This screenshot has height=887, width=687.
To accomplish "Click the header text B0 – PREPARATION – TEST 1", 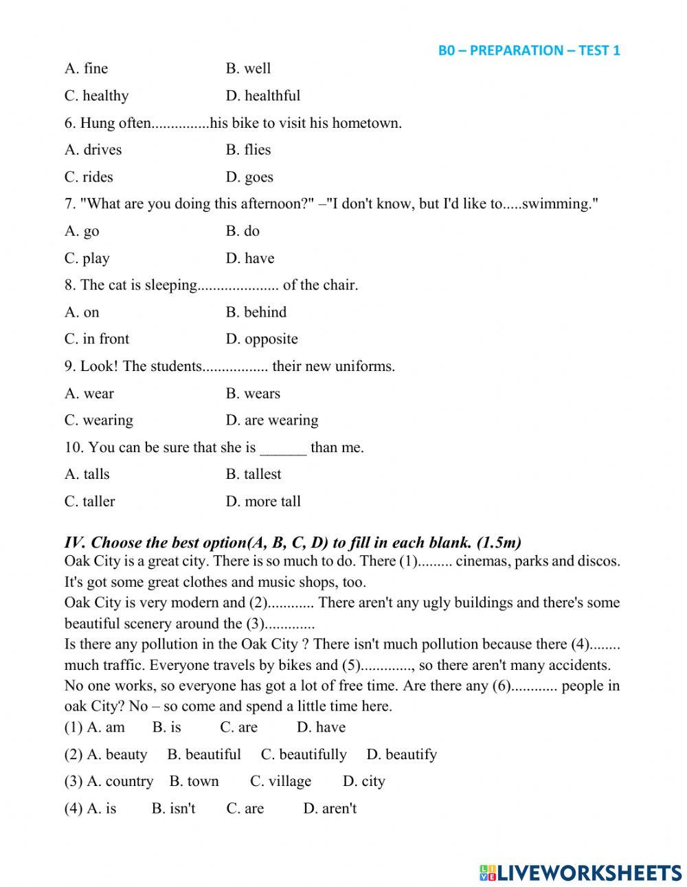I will (x=529, y=50).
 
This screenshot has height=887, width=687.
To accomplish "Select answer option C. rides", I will (x=89, y=177).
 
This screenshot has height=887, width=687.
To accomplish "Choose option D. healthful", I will (x=263, y=96).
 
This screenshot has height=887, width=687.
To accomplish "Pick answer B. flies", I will (x=248, y=150).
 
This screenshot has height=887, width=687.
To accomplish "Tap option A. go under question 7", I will (x=82, y=232).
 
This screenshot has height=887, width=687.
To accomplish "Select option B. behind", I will (x=256, y=312).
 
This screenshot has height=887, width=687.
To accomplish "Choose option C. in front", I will (x=97, y=339).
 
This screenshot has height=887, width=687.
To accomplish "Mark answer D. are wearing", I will (x=272, y=420).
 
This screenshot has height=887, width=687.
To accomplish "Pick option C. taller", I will (x=90, y=501).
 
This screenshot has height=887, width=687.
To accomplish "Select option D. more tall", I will (x=263, y=501).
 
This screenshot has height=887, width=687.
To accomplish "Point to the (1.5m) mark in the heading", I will (x=498, y=543).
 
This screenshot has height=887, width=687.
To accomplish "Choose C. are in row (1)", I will (x=239, y=727).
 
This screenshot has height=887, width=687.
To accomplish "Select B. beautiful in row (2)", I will (x=204, y=754).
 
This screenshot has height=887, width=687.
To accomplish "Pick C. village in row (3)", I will (x=280, y=781).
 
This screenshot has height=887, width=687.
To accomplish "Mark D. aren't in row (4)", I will (x=330, y=808).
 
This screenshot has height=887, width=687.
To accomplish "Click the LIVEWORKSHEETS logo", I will (x=581, y=873).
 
